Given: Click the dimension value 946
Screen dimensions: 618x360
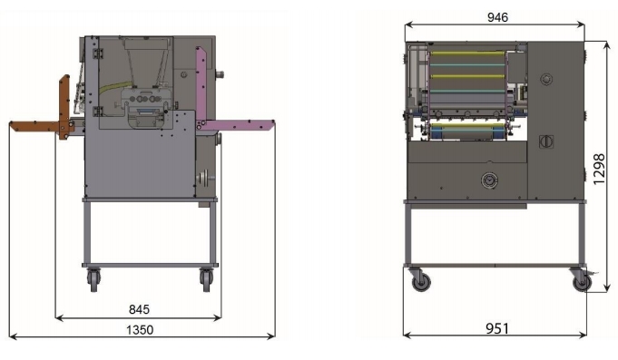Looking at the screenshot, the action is (x=497, y=17).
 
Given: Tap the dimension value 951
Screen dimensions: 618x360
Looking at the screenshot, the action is (x=497, y=328).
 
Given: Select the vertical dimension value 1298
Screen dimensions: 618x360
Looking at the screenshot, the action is (x=599, y=169).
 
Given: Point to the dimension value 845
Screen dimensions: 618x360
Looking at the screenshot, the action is (x=139, y=309).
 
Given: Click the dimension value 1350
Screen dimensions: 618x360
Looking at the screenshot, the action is (x=140, y=330).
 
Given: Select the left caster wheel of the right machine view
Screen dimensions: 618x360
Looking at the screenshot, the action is (x=420, y=281).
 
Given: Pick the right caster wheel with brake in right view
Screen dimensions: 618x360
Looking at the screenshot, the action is (x=582, y=280).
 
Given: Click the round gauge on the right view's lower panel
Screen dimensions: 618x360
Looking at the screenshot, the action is (x=489, y=180).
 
